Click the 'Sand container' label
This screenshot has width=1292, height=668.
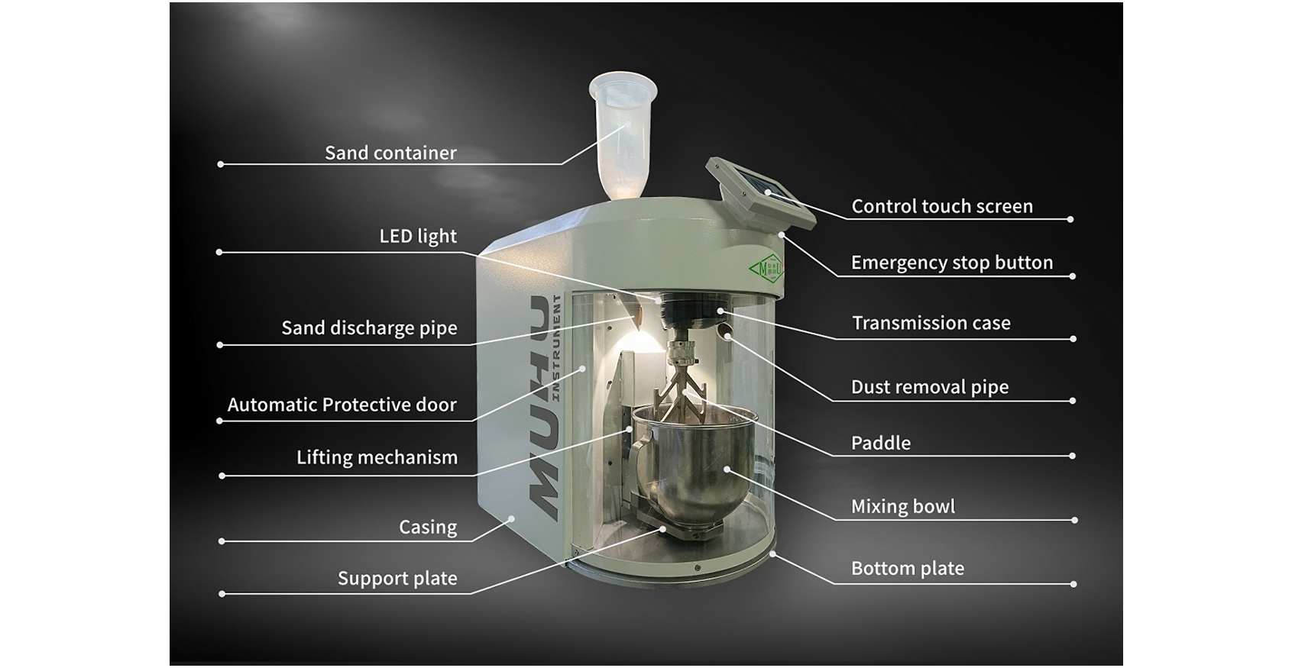click(390, 153)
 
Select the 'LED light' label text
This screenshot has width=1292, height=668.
click(418, 237)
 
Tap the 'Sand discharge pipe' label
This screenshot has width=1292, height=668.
click(369, 328)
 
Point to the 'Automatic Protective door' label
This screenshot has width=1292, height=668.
click(342, 405)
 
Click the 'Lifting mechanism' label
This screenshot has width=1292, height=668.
click(377, 457)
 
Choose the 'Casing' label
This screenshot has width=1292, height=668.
click(428, 527)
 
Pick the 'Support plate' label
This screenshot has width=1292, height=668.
click(397, 579)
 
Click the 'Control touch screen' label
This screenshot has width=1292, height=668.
click(942, 206)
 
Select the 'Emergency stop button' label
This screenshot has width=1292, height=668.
click(952, 263)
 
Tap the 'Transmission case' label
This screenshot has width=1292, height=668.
click(931, 323)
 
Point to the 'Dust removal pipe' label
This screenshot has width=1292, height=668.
click(930, 387)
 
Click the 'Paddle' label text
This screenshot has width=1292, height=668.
click(881, 443)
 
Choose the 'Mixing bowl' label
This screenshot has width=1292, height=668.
click(903, 506)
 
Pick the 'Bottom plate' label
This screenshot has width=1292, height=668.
click(908, 568)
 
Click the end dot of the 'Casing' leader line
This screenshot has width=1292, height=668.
click(222, 541)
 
